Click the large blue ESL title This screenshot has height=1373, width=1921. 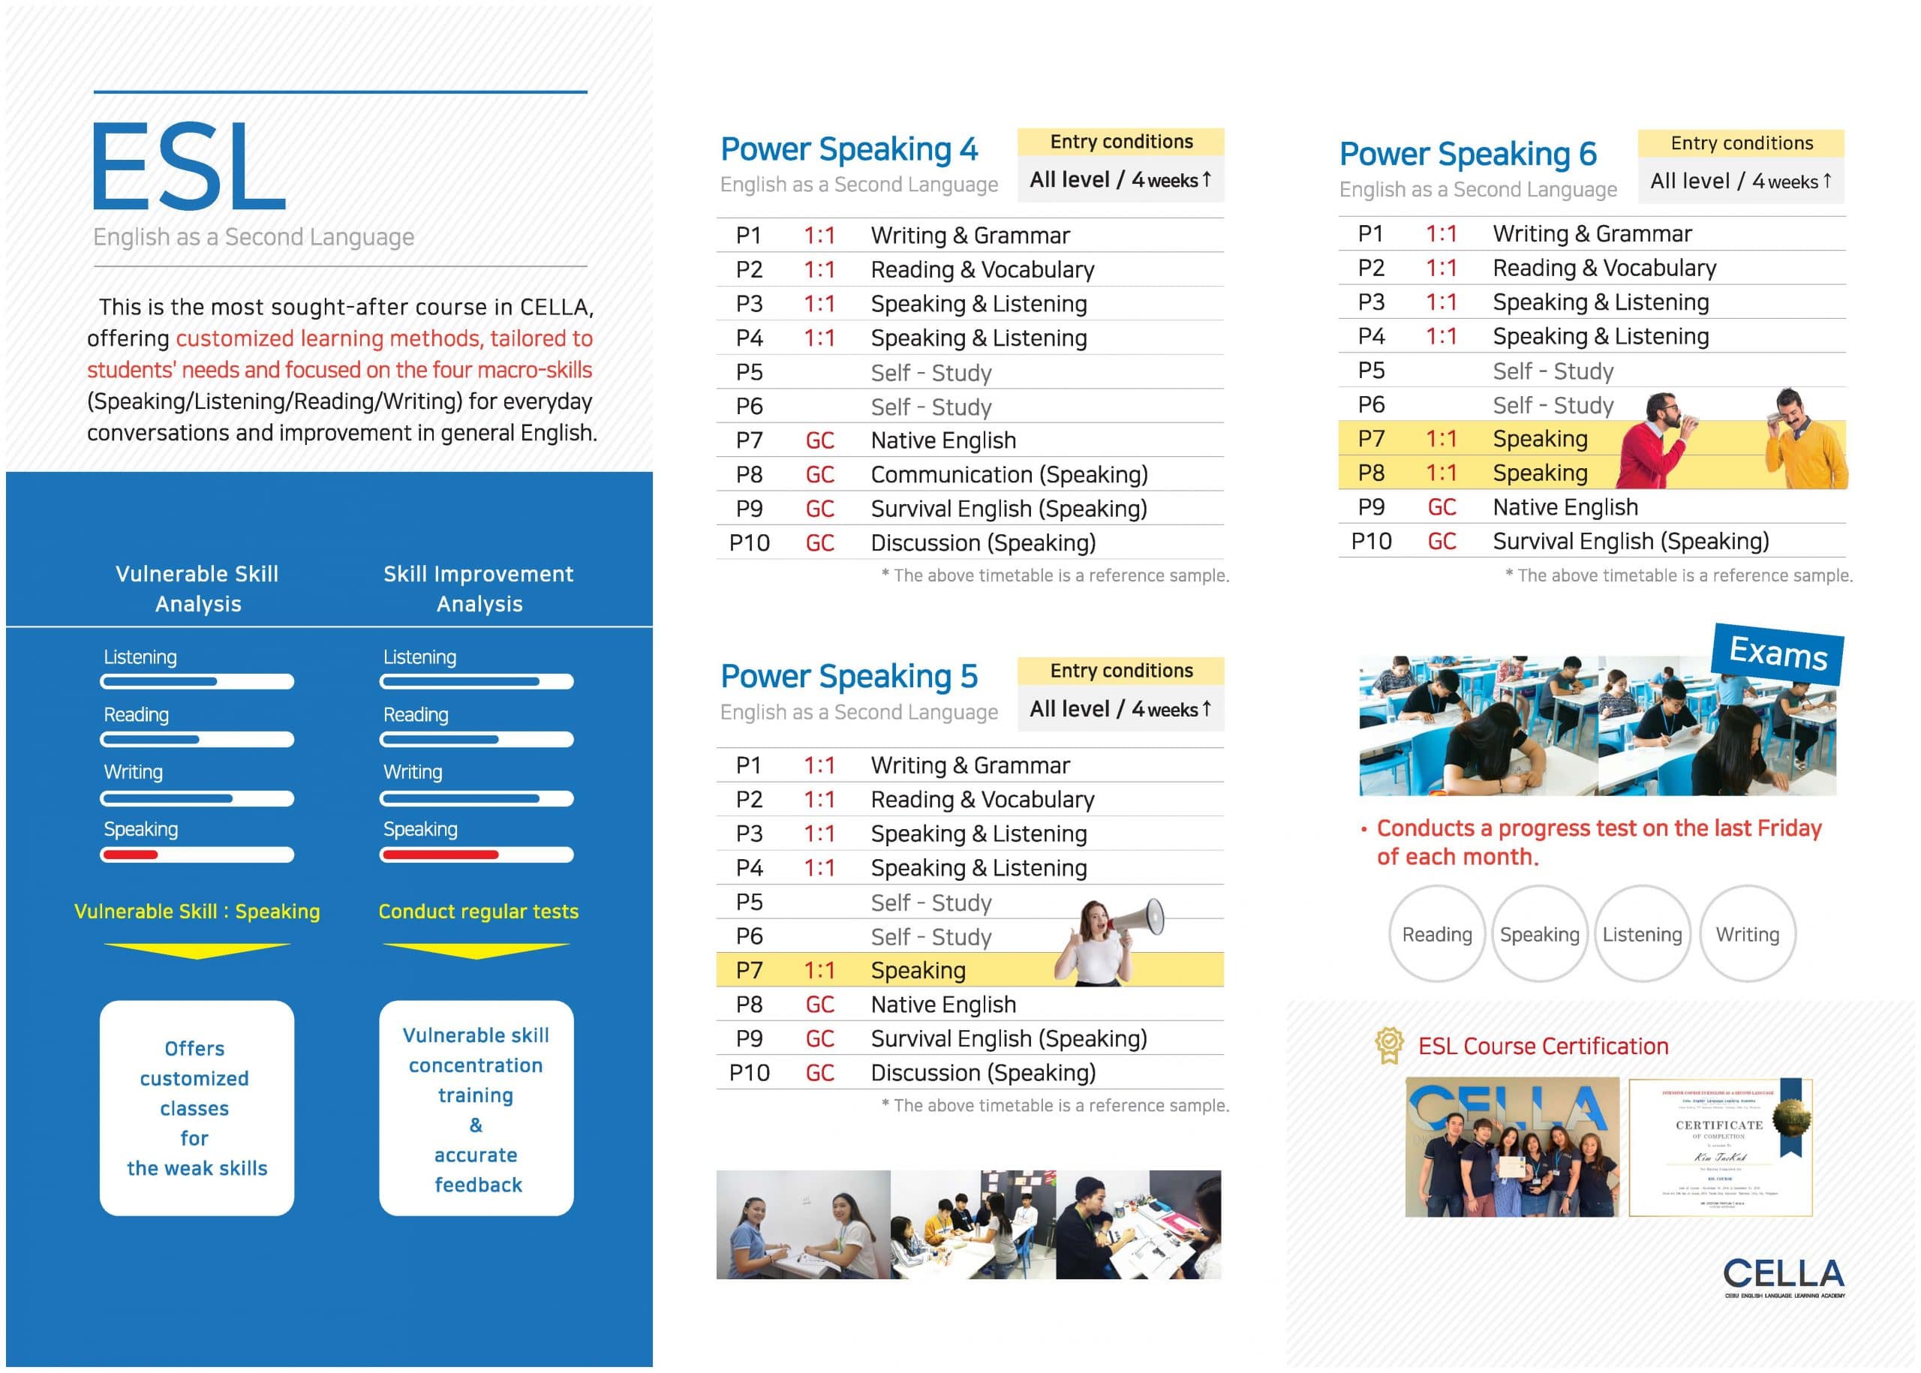pyautogui.click(x=188, y=166)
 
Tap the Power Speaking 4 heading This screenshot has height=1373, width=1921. pyautogui.click(x=848, y=149)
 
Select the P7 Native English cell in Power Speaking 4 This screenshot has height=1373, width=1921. pyautogui.click(x=942, y=440)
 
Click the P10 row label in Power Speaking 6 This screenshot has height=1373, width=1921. pyautogui.click(x=1369, y=541)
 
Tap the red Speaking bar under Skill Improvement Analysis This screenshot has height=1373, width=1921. pyautogui.click(x=440, y=855)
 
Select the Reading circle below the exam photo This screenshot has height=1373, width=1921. pyautogui.click(x=1435, y=934)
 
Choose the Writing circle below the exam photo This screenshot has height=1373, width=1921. pyautogui.click(x=1747, y=934)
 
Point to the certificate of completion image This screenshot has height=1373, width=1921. pyautogui.click(x=1720, y=1147)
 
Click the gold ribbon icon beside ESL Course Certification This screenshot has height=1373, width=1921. pyautogui.click(x=1388, y=1045)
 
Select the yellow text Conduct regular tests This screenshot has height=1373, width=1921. pyautogui.click(x=478, y=912)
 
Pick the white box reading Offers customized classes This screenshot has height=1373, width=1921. pyautogui.click(x=196, y=1107)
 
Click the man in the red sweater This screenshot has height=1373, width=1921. pyautogui.click(x=1659, y=444)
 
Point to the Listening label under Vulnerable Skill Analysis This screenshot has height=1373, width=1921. pyautogui.click(x=140, y=657)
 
